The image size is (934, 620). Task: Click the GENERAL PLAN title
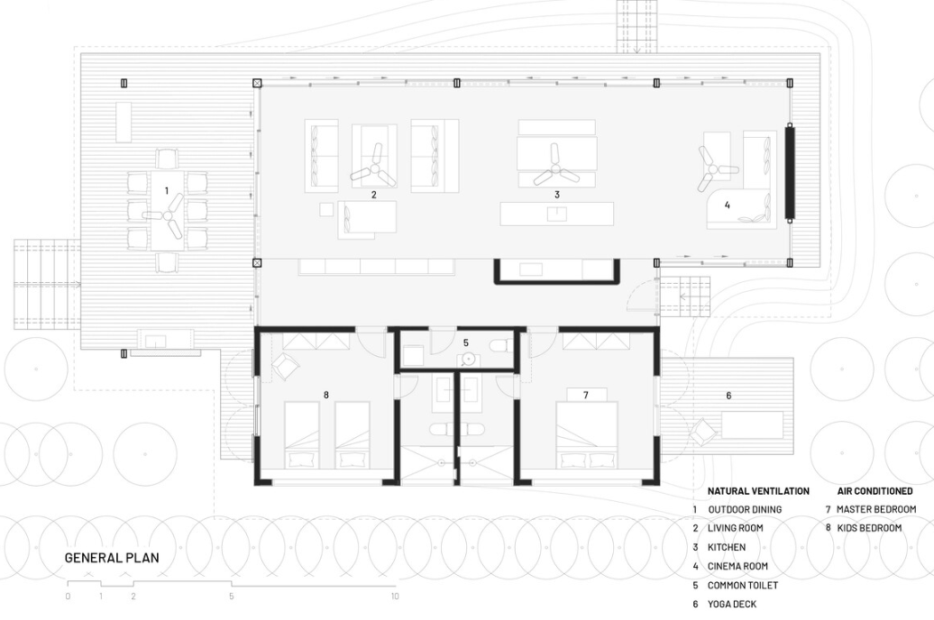coord(112,558)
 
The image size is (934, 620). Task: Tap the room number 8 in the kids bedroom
coord(326,395)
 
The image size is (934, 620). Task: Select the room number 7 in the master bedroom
coord(586,395)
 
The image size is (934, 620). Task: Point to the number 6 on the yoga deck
coord(728,396)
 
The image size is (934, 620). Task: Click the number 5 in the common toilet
coord(466,342)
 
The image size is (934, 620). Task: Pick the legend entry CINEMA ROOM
coord(737,567)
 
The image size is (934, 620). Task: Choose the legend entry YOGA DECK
coord(732,604)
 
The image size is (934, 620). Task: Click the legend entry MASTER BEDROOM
coord(876,509)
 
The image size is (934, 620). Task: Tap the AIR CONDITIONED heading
coord(875,491)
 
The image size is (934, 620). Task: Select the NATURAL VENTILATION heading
coord(758,491)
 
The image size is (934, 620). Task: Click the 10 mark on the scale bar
coord(394,596)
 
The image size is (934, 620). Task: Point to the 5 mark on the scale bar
coord(232,596)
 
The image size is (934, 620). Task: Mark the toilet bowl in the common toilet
coord(499,345)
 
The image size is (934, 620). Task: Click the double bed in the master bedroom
coord(587,435)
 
